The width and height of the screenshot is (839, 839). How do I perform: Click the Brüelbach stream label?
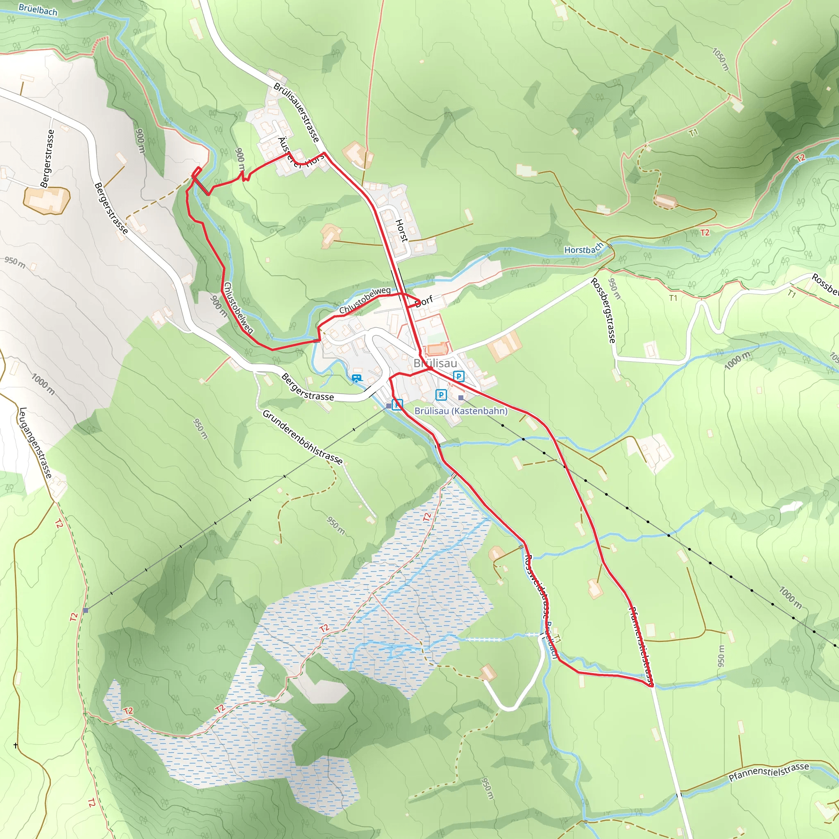click(x=38, y=9)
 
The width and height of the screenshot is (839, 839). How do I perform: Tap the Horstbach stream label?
click(x=583, y=249)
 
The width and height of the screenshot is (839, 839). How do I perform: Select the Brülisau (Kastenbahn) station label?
click(x=461, y=411)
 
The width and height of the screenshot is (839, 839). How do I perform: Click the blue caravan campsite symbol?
click(x=356, y=378)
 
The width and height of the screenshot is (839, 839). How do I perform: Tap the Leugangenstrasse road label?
click(x=35, y=443)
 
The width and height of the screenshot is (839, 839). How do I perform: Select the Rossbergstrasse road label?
click(x=603, y=311)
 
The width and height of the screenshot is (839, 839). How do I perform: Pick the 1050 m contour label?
click(x=721, y=59)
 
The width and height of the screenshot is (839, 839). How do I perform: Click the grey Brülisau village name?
click(x=435, y=363)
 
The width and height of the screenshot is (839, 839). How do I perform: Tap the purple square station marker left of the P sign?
click(x=388, y=406)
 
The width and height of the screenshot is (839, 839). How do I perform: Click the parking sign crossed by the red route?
click(x=397, y=404)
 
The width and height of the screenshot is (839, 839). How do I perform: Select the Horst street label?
click(x=402, y=231)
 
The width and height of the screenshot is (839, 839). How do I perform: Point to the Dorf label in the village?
click(x=424, y=301)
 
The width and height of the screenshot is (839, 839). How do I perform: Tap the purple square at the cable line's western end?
click(x=86, y=610)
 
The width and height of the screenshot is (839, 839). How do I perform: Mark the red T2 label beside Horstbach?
click(x=704, y=233)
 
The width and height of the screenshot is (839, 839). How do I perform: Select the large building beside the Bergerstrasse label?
click(x=46, y=200)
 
